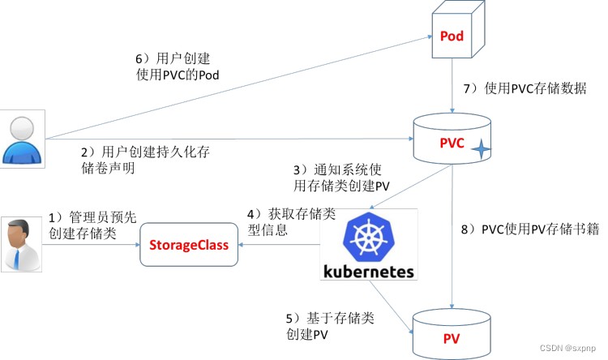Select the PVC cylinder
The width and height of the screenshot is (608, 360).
coord(451,143)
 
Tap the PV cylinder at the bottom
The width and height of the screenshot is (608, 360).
coord(451,333)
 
